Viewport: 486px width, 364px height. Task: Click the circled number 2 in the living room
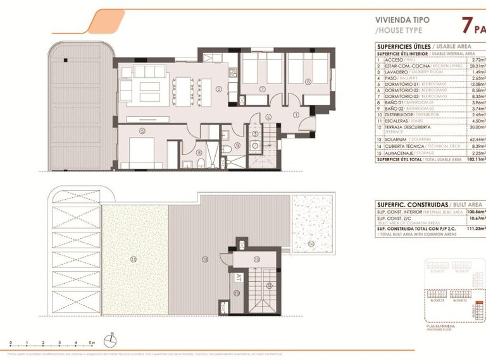218,89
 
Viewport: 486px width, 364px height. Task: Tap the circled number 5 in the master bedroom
142,131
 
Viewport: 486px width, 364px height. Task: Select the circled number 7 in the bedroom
262,89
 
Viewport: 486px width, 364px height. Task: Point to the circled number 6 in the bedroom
308,82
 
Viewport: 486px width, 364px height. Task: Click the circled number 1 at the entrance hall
296,114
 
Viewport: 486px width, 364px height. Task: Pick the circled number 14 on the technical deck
310,243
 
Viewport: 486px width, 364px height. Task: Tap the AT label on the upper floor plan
239,277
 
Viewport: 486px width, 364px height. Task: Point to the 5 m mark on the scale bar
91,342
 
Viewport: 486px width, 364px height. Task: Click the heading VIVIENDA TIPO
402,20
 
